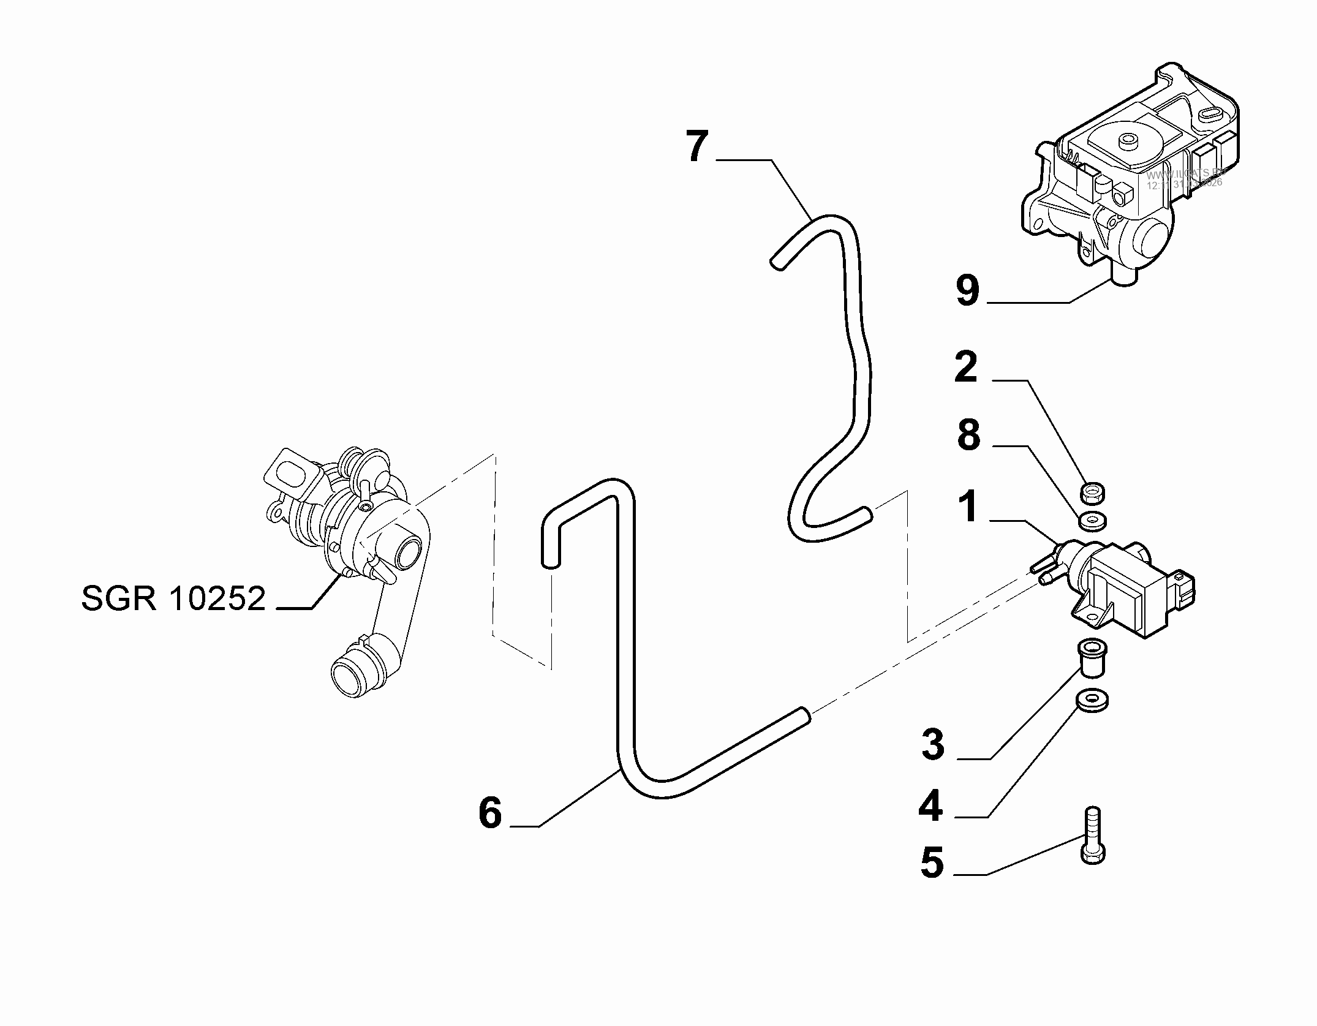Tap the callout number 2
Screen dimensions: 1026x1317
point(966,368)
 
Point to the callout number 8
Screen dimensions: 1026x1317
point(968,436)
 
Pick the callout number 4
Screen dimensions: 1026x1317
point(931,806)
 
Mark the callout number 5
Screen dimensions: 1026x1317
point(932,862)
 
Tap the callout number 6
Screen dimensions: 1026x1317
point(490,813)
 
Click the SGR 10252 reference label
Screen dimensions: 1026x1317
point(173,598)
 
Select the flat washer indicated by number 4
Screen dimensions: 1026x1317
point(1092,701)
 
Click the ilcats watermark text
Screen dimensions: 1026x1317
point(1185,178)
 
